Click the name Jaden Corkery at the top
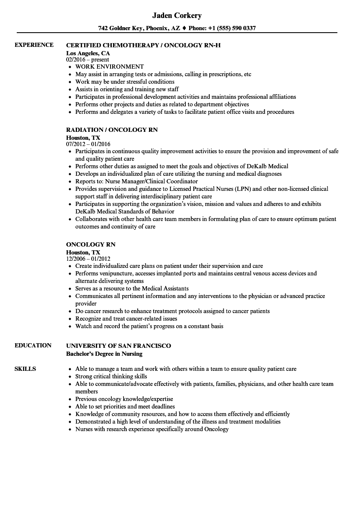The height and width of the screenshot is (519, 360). coord(177,15)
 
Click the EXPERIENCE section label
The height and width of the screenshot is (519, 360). coord(34,45)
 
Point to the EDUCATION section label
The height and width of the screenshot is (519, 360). coord(33,345)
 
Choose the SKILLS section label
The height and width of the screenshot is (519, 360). coord(25,369)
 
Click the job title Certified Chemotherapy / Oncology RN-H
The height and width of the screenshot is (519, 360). coord(143,45)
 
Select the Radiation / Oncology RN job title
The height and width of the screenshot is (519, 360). coord(112,130)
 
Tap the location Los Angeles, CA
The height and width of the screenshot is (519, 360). coord(88,53)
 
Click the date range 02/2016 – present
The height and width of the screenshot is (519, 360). coord(87,60)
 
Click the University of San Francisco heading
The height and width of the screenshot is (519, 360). coord(118,345)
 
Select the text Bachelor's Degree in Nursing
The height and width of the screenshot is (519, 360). coord(104,354)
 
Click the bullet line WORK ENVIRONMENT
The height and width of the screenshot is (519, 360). coord(109,67)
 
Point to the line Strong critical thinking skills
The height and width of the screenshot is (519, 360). coord(111,376)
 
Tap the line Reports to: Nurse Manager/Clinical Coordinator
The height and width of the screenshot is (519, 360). coord(136,181)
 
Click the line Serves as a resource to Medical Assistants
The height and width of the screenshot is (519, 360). coord(132,288)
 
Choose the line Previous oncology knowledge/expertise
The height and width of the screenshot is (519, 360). coord(124,399)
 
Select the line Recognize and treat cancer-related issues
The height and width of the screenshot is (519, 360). coord(126,319)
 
